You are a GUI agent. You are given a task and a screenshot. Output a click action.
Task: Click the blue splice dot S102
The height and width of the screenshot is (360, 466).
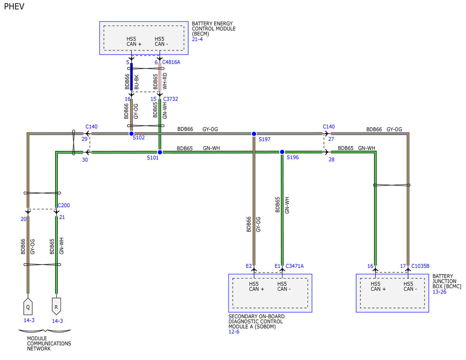131,134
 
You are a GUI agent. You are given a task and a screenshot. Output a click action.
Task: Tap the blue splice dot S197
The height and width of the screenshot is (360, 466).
254,134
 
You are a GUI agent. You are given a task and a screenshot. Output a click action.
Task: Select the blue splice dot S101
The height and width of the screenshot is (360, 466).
160,152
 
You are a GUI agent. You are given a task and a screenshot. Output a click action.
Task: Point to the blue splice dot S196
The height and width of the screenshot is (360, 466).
282,152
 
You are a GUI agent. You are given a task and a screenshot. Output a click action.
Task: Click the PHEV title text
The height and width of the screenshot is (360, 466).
14,7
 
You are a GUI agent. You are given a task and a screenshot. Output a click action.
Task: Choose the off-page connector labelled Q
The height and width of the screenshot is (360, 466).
28,306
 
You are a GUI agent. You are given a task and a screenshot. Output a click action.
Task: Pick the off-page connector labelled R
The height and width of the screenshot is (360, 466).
56,306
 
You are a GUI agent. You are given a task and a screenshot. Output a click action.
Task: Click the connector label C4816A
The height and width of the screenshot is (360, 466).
171,62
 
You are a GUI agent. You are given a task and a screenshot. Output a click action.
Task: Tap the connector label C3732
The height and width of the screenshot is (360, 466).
170,99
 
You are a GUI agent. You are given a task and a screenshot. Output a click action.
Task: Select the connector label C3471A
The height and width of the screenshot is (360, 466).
295,266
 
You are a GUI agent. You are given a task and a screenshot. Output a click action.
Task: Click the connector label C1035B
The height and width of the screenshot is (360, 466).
420,266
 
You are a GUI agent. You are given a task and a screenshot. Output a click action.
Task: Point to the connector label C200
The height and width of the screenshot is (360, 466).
64,205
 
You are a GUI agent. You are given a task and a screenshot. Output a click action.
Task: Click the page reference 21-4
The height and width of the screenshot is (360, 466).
197,39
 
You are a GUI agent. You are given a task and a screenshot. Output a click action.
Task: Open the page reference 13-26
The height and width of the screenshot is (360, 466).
440,292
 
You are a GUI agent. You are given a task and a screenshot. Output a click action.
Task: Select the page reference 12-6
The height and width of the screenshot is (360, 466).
234,332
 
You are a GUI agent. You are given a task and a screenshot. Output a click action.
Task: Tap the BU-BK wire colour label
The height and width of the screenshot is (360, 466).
136,82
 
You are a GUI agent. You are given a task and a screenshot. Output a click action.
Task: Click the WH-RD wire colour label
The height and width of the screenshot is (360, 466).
165,81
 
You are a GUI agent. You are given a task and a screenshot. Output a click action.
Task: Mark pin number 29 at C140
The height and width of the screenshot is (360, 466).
85,139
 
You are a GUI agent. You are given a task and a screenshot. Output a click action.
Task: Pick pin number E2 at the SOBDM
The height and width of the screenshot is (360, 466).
249,266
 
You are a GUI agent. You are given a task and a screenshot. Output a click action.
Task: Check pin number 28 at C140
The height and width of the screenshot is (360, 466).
332,160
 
